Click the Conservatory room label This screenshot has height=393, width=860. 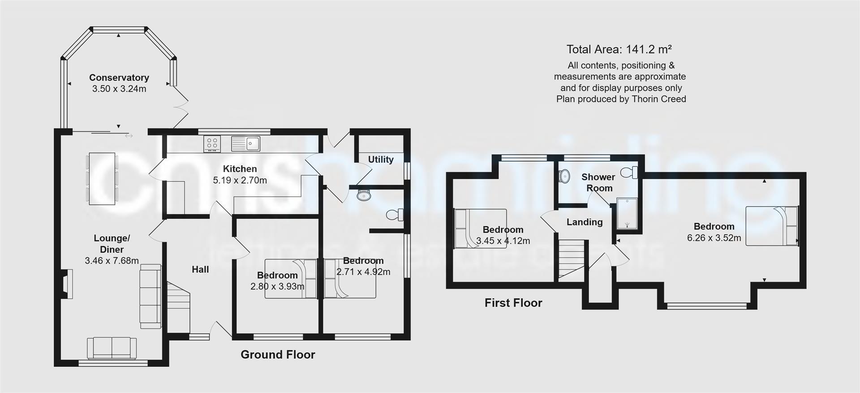click(119, 78)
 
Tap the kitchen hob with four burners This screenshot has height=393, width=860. click(212, 143)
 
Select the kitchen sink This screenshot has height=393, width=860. click(245, 143)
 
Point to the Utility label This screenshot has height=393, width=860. click(381, 160)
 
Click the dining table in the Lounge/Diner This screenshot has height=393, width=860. click(102, 178)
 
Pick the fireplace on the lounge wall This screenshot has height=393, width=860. click(67, 284)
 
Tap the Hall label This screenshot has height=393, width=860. click(200, 269)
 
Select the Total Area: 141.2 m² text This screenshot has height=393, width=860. click(619, 49)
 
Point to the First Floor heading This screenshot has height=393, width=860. click(513, 303)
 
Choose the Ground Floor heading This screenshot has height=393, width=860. click(278, 354)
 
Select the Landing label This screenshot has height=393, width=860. click(585, 222)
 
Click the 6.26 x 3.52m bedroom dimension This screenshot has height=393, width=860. click(714, 238)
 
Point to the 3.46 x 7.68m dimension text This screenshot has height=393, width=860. click(112, 260)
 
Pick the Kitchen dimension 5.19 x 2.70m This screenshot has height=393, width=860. click(240, 180)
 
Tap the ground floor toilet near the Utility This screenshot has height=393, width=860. click(395, 215)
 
